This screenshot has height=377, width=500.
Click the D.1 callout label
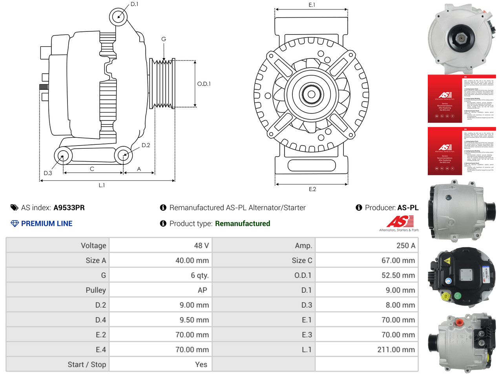[x=134, y=4]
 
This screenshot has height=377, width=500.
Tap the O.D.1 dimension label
[x=204, y=84]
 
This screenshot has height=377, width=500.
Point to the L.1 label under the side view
[x=102, y=185]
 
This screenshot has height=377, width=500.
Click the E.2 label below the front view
[x=312, y=189]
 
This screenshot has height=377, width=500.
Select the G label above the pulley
[x=164, y=39]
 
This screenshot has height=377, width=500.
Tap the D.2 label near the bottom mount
[x=146, y=145]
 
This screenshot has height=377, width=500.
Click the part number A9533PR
[x=69, y=208]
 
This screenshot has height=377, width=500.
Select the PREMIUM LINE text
[x=47, y=224]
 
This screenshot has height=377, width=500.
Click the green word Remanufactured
[x=243, y=224]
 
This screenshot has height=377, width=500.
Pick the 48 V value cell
[x=201, y=246]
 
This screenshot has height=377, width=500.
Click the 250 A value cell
[x=405, y=246]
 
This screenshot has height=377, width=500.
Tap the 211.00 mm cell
[x=396, y=350]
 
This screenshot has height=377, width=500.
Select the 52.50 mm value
[x=398, y=275]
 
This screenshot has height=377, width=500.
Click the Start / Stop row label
[x=87, y=364]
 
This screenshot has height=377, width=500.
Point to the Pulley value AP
[x=202, y=290]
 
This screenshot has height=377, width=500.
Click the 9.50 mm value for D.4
[x=194, y=320]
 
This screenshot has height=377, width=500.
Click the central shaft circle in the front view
[x=311, y=94]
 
